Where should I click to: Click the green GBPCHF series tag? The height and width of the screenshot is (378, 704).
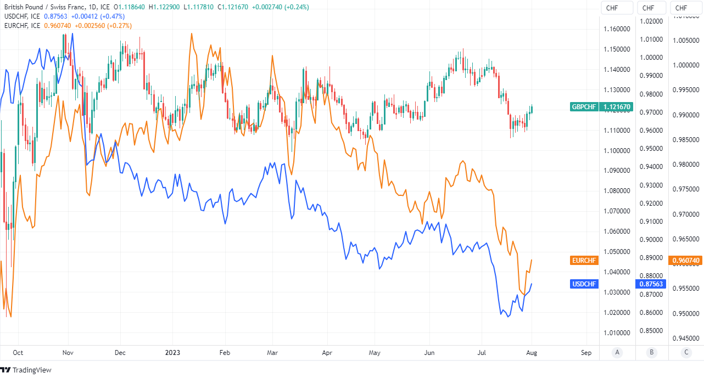pos(584,107)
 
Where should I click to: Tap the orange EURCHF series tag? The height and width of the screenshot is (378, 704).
pos(584,260)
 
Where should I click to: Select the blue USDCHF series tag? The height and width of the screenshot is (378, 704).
pos(584,284)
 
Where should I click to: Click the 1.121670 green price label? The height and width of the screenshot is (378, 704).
pos(617,107)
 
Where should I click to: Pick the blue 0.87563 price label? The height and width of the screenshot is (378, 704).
pos(651,284)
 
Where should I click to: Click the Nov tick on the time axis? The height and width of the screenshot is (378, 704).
pos(69,353)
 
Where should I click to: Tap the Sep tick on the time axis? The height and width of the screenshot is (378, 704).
pos(586,353)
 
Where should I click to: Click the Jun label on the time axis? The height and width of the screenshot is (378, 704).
pos(430,353)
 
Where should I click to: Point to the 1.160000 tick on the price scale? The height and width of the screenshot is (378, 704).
pos(617,29)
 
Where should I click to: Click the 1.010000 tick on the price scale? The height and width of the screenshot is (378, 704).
pos(617,332)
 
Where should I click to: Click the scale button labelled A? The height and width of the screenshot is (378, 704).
pos(617,352)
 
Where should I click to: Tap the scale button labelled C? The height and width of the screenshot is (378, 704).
pos(686,352)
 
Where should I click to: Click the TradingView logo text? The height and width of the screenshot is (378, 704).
pos(32,370)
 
